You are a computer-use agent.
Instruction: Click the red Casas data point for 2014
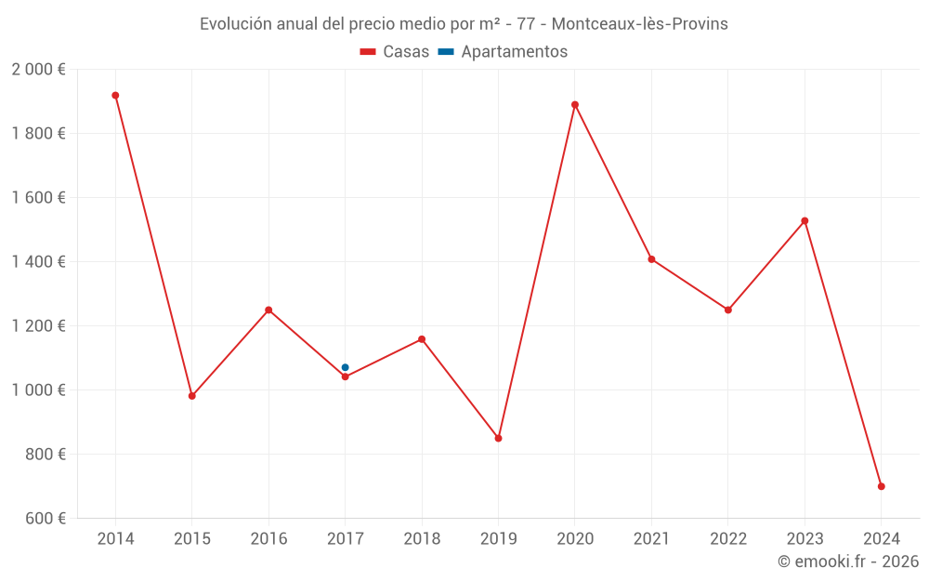coord(115,96)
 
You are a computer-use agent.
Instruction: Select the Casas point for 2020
coord(575,105)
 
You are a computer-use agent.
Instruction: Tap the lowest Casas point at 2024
coord(881,486)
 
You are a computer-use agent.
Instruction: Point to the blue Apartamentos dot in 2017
coord(345,367)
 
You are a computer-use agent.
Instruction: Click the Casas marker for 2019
coord(498,438)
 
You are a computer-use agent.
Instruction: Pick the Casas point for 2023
coord(805,221)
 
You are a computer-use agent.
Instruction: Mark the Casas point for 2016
coord(268,310)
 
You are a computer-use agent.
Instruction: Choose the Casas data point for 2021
coord(651,259)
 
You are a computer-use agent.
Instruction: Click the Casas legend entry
coord(395,52)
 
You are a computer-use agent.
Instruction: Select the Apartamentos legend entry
coord(503,52)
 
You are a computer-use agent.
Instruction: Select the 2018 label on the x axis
coord(422,539)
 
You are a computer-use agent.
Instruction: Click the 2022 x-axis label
coord(727,539)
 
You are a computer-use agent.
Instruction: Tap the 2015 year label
coord(192,539)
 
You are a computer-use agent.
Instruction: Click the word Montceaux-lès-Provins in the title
coord(639,23)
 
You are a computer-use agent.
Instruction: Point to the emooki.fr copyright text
coord(848,561)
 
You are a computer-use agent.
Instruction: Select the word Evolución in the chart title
coord(236,23)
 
